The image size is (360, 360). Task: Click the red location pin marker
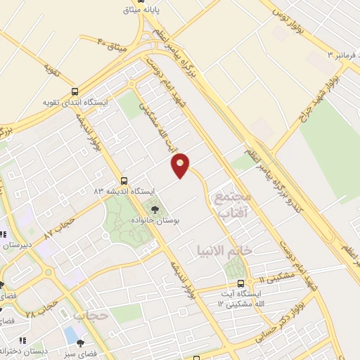point(181,165)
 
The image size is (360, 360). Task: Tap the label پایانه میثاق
point(163,11)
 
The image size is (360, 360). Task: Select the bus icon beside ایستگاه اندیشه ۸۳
point(124,180)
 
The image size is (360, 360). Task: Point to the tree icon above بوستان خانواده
point(155,208)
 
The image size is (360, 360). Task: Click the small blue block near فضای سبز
point(70,331)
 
